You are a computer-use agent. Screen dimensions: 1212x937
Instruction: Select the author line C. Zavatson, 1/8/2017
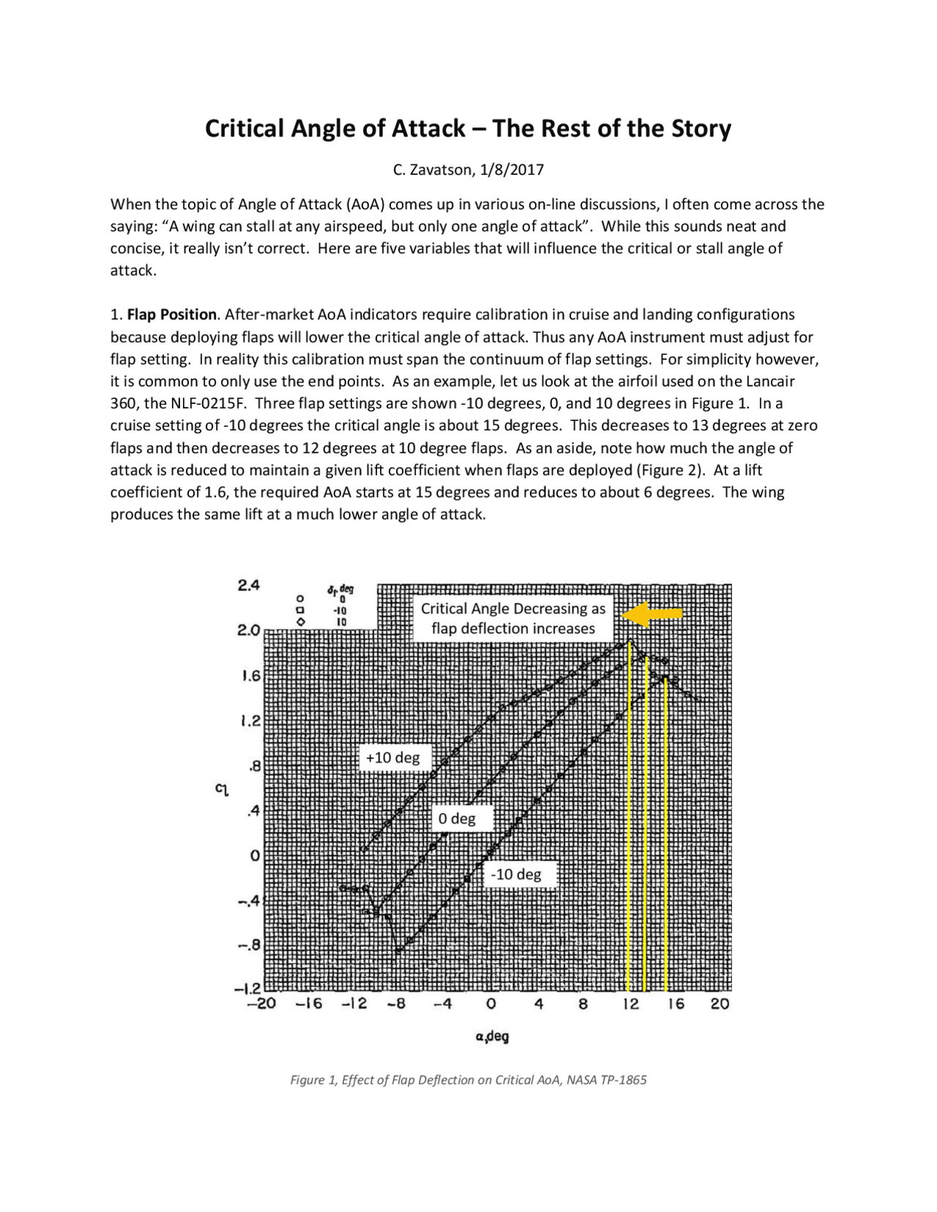tap(468, 171)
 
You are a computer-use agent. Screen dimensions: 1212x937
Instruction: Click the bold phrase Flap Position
tap(172, 315)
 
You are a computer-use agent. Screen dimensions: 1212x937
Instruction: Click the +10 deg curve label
tap(392, 757)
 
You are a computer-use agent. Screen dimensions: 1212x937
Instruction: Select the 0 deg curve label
tap(457, 818)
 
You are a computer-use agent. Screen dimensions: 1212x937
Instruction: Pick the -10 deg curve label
tap(516, 874)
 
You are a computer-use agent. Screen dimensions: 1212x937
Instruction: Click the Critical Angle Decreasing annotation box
tap(513, 618)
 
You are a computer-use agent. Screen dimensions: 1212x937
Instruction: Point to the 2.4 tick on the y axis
tap(249, 586)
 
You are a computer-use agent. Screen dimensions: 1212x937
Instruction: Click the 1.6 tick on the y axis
tap(251, 676)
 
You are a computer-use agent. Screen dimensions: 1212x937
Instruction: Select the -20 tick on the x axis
tap(261, 1004)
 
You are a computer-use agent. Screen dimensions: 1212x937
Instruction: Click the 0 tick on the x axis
tap(491, 1004)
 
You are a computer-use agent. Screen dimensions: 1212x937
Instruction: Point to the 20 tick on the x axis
tap(720, 1004)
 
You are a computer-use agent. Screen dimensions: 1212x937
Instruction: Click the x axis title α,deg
tap(491, 1036)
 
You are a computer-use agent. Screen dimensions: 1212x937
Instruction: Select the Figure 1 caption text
tap(468, 1080)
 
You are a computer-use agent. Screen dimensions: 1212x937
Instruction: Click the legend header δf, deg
tap(340, 589)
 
